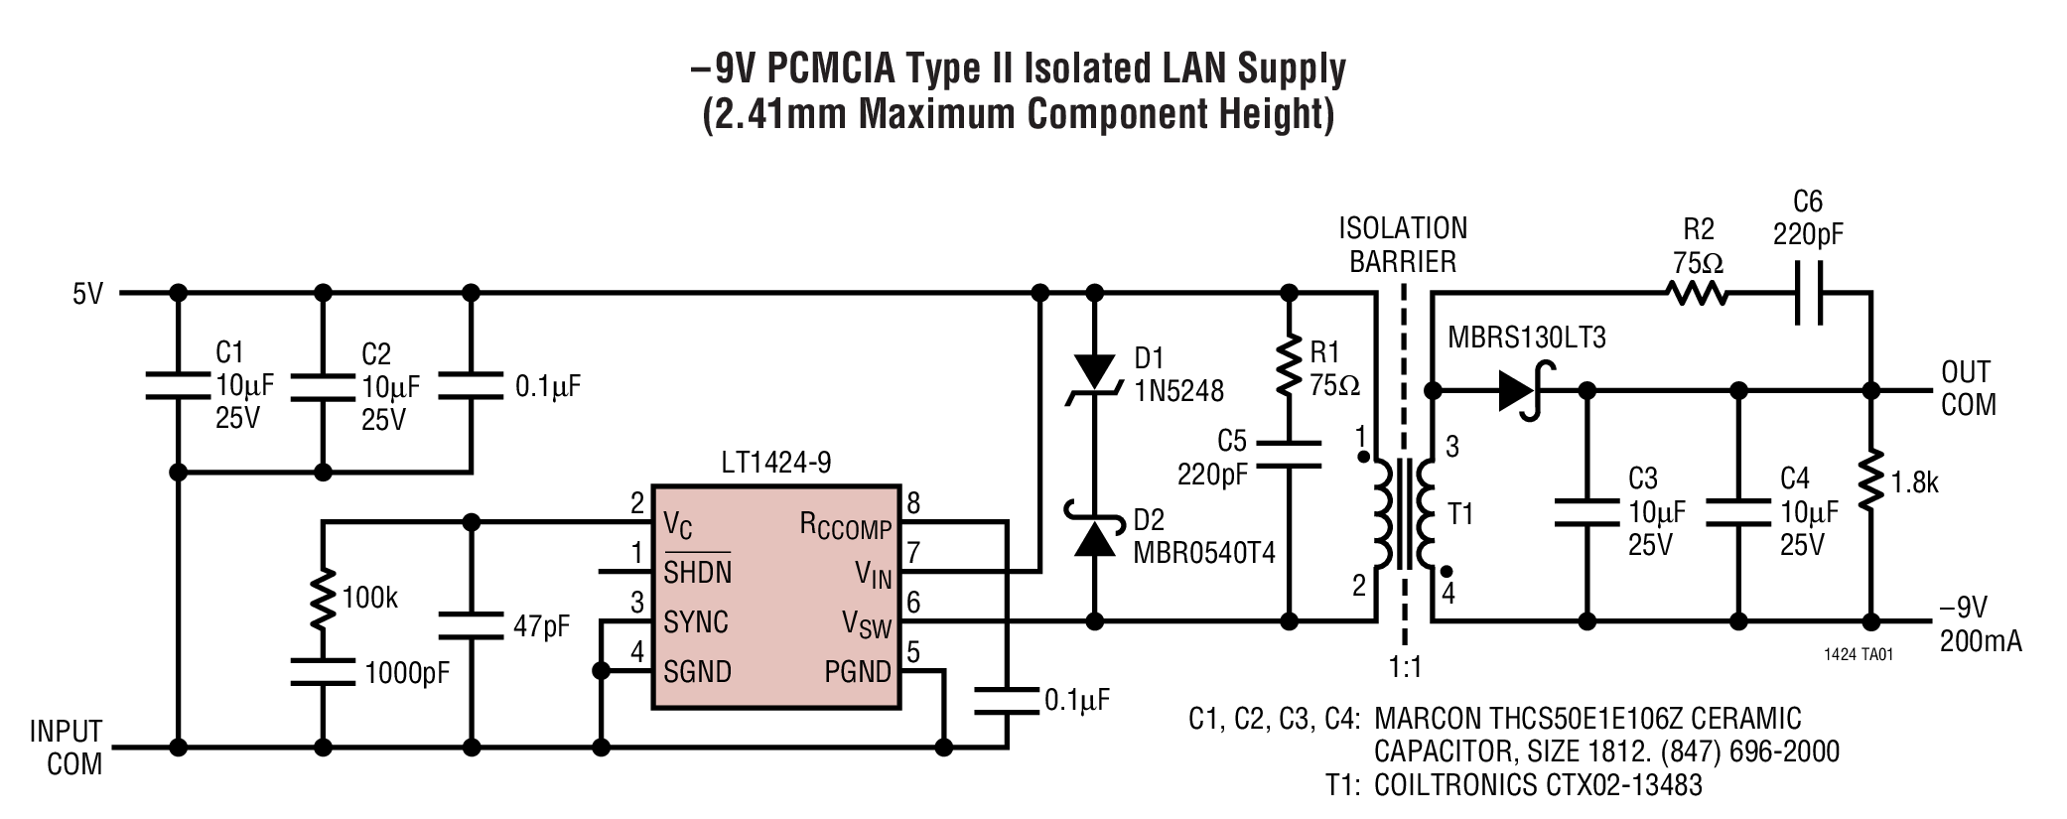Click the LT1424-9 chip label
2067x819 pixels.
[775, 462]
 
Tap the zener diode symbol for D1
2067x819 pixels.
[1095, 375]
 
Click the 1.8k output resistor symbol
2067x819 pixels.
[1871, 483]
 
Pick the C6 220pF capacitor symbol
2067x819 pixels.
[1809, 294]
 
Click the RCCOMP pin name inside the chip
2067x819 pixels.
[845, 526]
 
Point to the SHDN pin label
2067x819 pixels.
[697, 573]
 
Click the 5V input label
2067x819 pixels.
[87, 294]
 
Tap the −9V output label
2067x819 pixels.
[1964, 608]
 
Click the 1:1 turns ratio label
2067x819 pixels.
[1405, 667]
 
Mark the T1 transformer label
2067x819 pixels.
[1460, 514]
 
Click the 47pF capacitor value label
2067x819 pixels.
[541, 626]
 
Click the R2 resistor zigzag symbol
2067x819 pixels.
[1697, 294]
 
